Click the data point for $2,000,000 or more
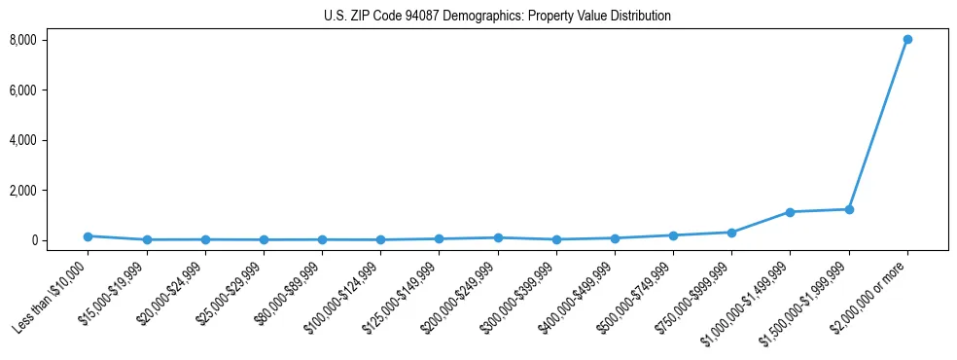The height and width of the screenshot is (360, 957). [907, 40]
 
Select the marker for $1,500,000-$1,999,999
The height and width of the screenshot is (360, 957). [849, 209]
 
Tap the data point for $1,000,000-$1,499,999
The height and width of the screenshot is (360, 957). [790, 212]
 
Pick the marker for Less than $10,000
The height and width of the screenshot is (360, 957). [88, 236]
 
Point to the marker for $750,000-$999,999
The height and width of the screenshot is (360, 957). [731, 233]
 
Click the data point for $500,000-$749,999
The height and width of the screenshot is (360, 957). [673, 235]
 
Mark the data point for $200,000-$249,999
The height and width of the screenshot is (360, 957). [498, 237]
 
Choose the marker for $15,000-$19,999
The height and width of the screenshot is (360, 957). [146, 239]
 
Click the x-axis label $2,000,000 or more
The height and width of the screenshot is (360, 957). [870, 295]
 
